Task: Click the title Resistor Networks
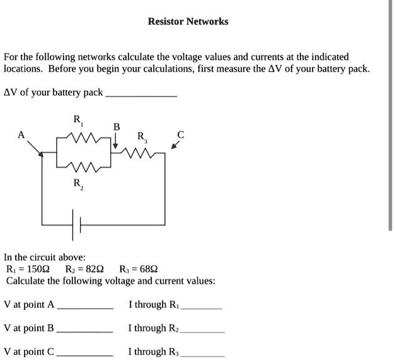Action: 188,21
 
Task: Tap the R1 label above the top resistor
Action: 77,120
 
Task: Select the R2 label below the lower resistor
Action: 77,184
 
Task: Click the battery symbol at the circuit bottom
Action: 78,225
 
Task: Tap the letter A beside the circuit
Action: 22,134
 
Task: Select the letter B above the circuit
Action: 116,126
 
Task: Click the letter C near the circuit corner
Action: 181,134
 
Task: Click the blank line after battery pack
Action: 141,95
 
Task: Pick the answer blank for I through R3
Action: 202,354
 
